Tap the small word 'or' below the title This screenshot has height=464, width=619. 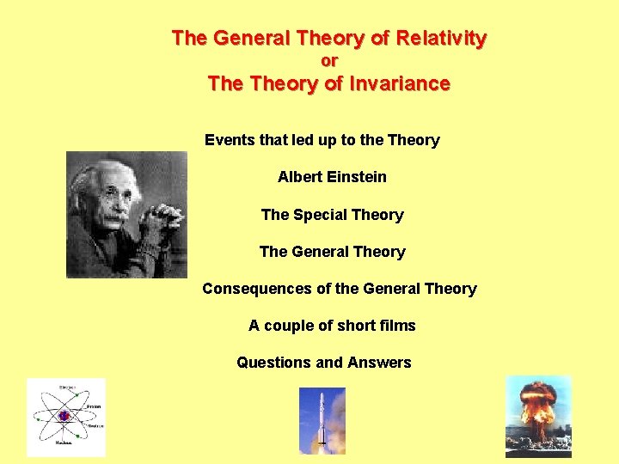point(329,61)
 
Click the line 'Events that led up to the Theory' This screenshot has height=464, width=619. point(322,140)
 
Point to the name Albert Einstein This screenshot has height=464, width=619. point(332,177)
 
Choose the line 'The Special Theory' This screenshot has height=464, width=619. point(332,215)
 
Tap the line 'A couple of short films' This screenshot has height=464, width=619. point(332,326)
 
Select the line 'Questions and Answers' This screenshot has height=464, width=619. point(324,363)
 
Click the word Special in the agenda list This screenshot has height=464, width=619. point(322,215)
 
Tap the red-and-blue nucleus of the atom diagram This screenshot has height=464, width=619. point(64,417)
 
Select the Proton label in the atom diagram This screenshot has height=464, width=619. point(93,406)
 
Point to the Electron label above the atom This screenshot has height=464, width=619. point(64,388)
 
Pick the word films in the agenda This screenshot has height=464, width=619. point(398,326)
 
